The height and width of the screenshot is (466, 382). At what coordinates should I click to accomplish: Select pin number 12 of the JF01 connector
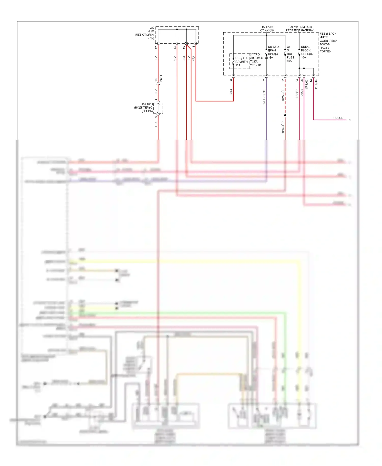(x=156, y=47)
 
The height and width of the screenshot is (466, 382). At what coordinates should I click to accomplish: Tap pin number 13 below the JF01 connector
(x=175, y=47)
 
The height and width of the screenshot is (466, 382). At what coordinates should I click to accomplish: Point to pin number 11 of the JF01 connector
(x=194, y=47)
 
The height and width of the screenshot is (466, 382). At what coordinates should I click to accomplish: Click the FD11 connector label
(x=161, y=78)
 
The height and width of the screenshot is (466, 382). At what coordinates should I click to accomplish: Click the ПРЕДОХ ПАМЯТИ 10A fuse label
(x=241, y=62)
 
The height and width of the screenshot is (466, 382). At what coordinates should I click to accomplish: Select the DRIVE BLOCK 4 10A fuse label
(x=307, y=52)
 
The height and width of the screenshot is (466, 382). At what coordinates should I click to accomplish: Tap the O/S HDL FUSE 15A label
(x=290, y=54)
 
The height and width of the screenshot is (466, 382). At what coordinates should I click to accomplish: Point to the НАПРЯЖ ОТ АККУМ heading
(x=267, y=29)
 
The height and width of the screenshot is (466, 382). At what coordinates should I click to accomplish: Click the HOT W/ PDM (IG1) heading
(x=299, y=27)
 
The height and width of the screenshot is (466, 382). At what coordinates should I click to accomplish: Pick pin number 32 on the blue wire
(x=264, y=81)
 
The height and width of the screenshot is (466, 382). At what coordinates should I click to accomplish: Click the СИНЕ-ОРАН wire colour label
(x=264, y=97)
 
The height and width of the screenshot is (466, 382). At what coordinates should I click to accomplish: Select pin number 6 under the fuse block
(x=231, y=80)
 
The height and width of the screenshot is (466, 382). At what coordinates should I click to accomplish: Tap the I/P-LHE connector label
(x=316, y=84)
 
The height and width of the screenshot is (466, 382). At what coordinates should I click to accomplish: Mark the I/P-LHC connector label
(x=307, y=84)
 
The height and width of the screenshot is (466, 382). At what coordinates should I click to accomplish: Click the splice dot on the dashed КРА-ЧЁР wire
(x=285, y=115)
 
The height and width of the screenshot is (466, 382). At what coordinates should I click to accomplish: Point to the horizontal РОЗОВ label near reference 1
(x=338, y=118)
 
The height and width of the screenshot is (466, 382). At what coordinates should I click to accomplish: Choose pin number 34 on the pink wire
(x=297, y=81)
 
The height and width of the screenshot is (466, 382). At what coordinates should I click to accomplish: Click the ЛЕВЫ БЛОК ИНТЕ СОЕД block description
(x=328, y=42)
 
